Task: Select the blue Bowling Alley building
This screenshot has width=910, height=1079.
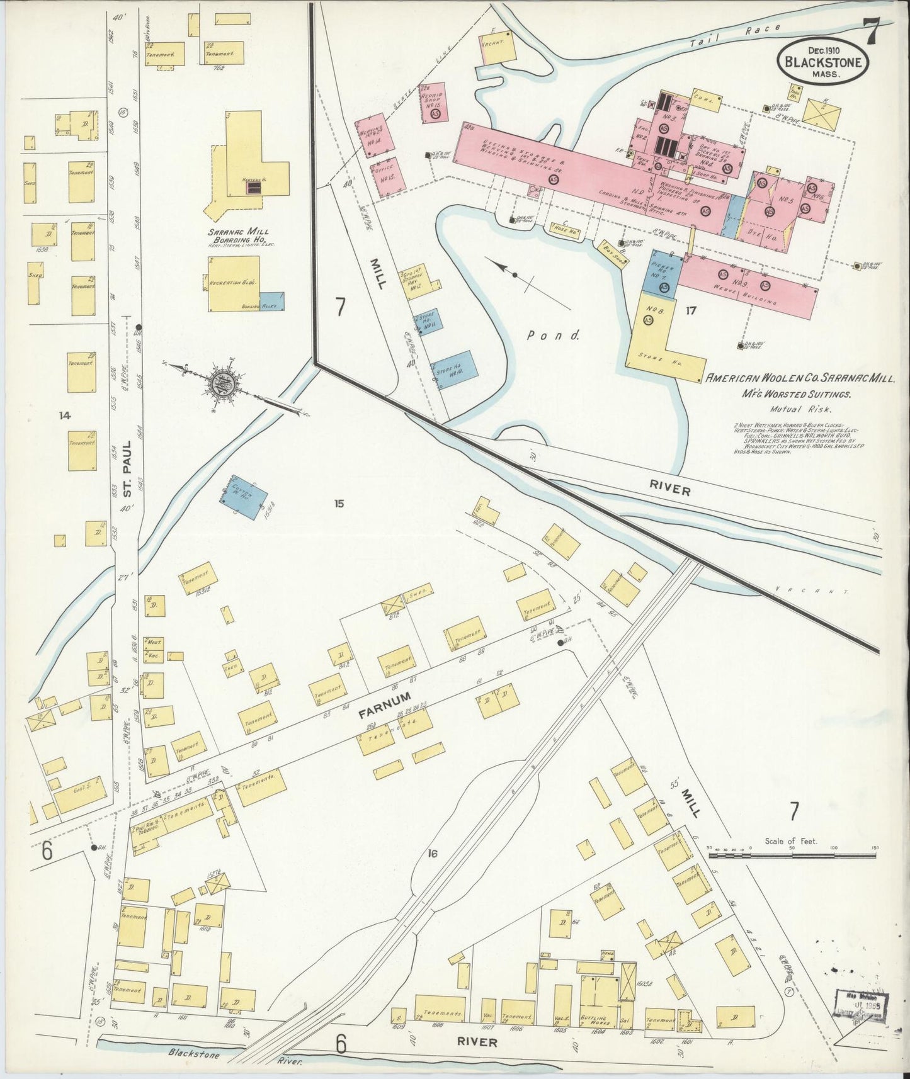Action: point(272,302)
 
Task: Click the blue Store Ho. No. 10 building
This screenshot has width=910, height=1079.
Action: point(454,370)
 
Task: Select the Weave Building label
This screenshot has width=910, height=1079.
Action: point(753,296)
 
